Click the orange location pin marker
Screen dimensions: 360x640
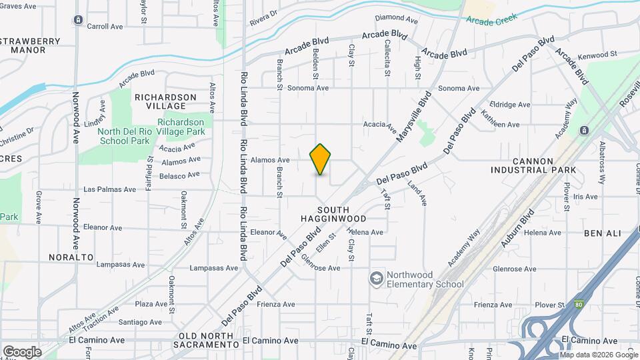321,159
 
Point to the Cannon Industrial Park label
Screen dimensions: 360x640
542,165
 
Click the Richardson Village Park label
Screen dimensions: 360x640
181,127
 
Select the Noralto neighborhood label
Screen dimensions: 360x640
71,257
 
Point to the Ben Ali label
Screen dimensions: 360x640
602,233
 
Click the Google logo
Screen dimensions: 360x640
22,351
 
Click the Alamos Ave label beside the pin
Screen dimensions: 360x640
270,160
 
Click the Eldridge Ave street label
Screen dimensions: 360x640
510,105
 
